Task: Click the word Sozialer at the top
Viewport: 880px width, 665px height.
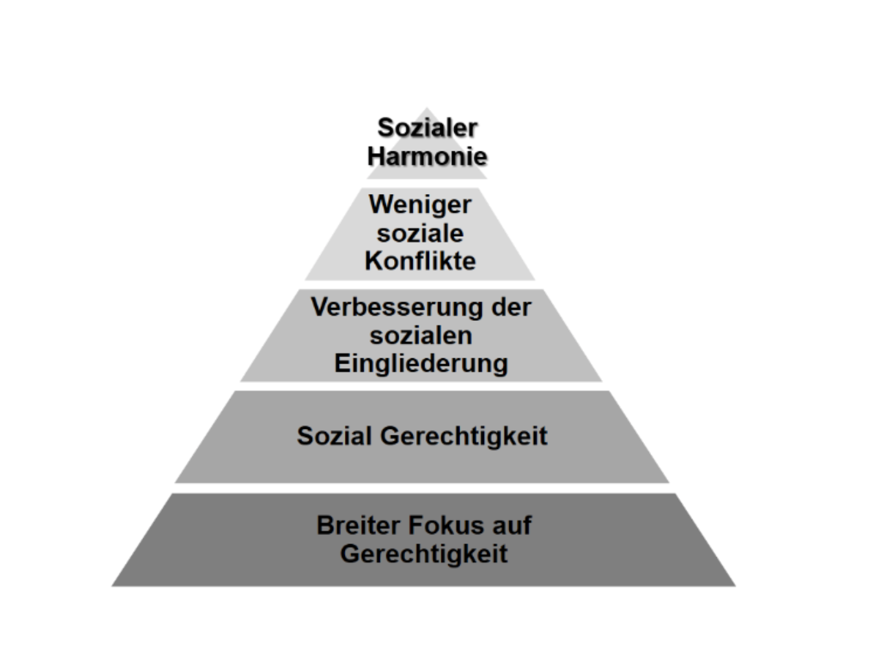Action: [x=427, y=128]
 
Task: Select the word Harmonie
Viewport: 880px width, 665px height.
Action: [x=427, y=157]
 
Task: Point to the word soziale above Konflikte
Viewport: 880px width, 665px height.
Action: [x=420, y=234]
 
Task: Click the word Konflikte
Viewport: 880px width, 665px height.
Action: [x=420, y=261]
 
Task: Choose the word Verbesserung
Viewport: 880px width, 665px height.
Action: [x=397, y=309]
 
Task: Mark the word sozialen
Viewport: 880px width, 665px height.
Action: [x=421, y=336]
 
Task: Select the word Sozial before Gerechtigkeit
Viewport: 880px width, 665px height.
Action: [x=334, y=436]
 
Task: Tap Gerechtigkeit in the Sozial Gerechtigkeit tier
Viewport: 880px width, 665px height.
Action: [x=463, y=437]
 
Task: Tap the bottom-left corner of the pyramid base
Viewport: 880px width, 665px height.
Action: [x=112, y=586]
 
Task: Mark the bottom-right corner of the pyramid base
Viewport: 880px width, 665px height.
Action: [x=736, y=586]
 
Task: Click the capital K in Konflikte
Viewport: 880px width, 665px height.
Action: [x=375, y=261]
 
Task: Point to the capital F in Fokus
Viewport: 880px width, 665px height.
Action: [x=416, y=525]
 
